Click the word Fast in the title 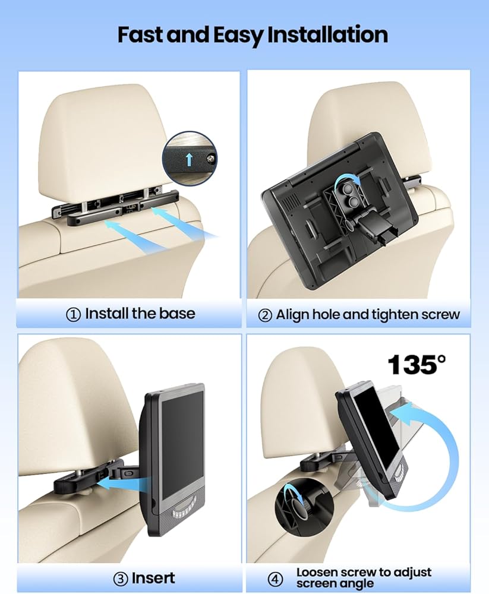(x=140, y=34)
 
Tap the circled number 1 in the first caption (x=73, y=314)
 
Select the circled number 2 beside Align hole (x=265, y=315)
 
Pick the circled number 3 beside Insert (x=121, y=579)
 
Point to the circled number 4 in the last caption (x=275, y=579)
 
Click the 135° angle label (x=417, y=365)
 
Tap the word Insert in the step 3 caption (x=153, y=578)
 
